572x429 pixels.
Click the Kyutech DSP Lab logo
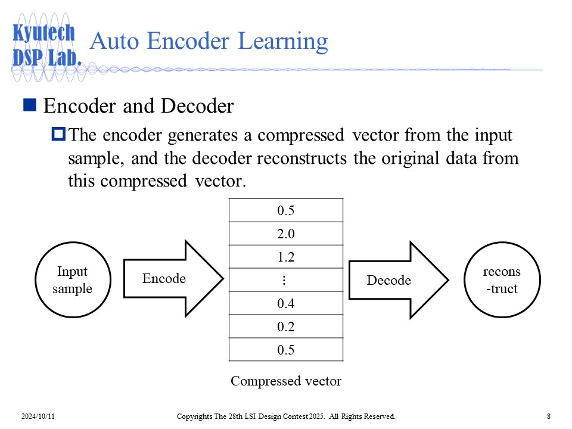coord(45,45)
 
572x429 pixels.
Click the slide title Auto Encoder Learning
coord(209,42)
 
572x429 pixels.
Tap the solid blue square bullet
coord(30,105)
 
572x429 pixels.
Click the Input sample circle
coord(72,280)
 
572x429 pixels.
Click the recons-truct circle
coord(501,280)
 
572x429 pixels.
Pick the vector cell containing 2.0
coord(286,234)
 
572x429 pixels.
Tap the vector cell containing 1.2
coord(286,257)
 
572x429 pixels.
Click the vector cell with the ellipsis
coord(286,280)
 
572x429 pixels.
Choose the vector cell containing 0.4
coord(286,303)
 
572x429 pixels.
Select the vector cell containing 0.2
coord(286,327)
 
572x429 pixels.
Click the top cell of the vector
coord(286,210)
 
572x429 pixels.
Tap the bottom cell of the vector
coord(286,350)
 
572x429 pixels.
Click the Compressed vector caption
coord(286,381)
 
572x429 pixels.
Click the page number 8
coord(548,416)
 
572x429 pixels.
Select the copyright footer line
coord(286,416)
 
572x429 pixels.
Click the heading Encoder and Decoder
coord(139,106)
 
